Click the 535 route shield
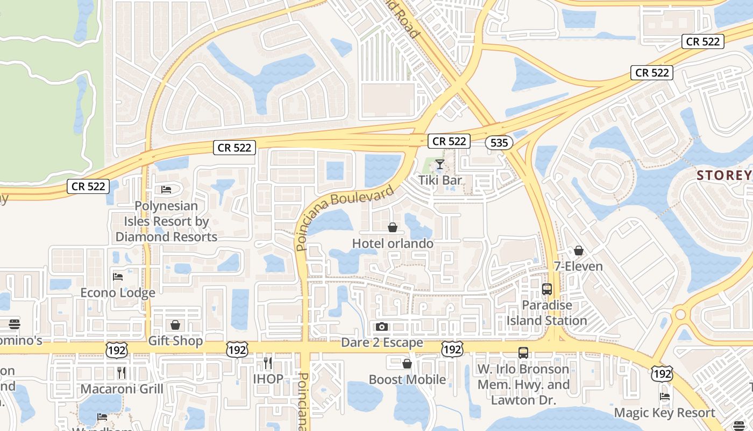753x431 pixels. [x=499, y=143]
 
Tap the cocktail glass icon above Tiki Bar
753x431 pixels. [x=440, y=164]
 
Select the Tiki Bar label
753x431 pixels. [x=440, y=180]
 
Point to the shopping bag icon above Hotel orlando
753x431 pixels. [x=393, y=228]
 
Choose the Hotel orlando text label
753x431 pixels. [x=393, y=244]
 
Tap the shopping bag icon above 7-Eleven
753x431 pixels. [x=579, y=251]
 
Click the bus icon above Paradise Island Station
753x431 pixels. [x=547, y=289]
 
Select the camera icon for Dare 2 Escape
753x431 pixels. [x=382, y=326]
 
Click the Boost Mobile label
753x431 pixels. [x=407, y=379]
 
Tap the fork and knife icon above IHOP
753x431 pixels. [x=268, y=363]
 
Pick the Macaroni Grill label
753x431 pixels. [x=122, y=388]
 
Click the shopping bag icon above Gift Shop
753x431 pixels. [x=175, y=325]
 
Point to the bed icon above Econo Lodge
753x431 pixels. [x=118, y=277]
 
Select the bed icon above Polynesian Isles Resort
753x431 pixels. [x=167, y=190]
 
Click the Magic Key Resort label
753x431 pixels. [x=665, y=413]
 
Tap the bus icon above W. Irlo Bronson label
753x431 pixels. [x=523, y=353]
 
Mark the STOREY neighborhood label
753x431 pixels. [x=724, y=175]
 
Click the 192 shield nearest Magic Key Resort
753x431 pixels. [x=662, y=373]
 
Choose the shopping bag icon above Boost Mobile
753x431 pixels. [x=407, y=364]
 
